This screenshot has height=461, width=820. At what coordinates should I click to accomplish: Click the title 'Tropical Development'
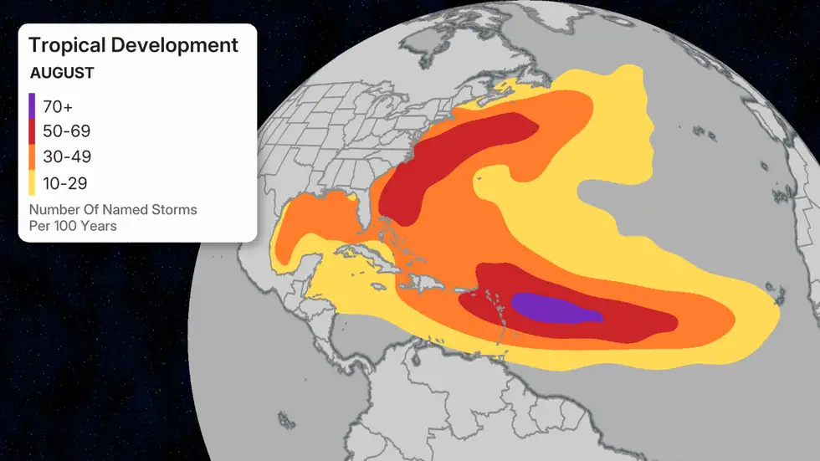(x=133, y=45)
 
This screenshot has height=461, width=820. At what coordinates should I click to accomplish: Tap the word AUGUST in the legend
(x=62, y=73)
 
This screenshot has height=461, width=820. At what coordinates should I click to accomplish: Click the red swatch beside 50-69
(x=33, y=131)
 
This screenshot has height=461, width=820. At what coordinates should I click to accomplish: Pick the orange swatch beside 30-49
(x=33, y=157)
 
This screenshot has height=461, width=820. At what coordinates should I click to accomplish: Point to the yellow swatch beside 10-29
(x=33, y=183)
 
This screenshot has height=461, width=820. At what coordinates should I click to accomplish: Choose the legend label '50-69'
(x=66, y=131)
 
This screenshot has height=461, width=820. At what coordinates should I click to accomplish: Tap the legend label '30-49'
(x=66, y=157)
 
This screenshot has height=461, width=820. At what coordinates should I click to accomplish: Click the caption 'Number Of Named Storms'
(x=113, y=209)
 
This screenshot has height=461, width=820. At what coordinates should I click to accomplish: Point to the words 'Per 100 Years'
(x=73, y=226)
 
